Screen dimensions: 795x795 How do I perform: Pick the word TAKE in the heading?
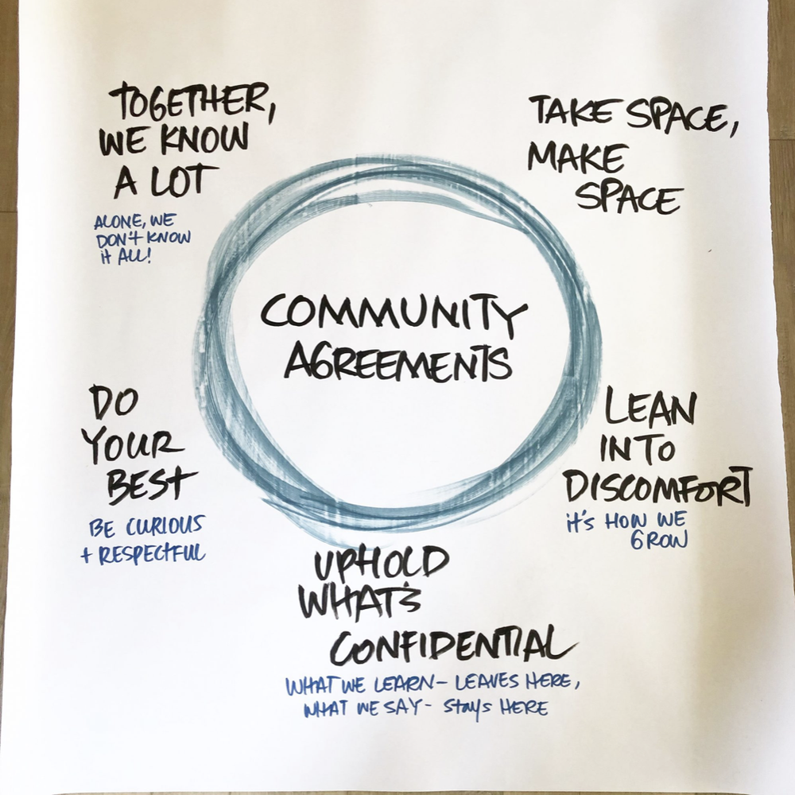[x=563, y=113]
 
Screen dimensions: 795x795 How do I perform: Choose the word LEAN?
[x=651, y=411]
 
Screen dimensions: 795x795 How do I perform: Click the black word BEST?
[x=152, y=483]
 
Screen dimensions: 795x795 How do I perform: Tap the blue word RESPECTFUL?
[x=150, y=554]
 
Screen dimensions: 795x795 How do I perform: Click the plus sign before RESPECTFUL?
[x=86, y=556]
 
